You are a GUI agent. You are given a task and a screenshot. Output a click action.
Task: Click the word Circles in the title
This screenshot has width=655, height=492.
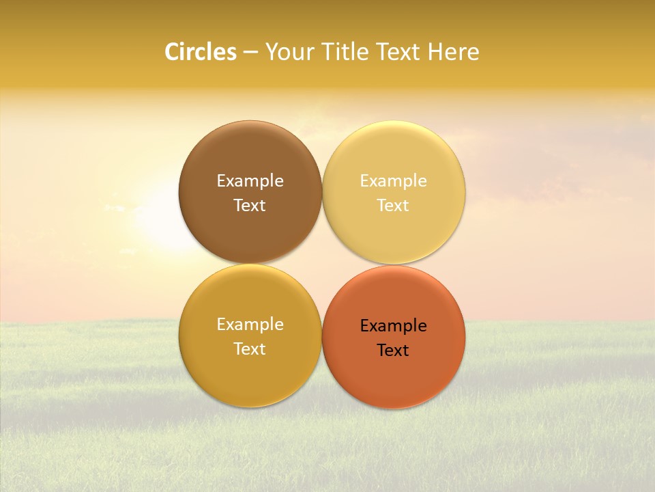tap(200, 52)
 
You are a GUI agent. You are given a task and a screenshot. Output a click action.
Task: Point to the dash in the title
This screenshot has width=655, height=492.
tap(250, 53)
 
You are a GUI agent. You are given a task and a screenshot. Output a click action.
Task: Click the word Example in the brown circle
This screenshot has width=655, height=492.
tap(250, 180)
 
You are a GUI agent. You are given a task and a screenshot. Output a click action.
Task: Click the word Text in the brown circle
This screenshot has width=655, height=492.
tap(250, 205)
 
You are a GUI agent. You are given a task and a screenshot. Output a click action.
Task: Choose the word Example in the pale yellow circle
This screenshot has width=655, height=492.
tap(393, 180)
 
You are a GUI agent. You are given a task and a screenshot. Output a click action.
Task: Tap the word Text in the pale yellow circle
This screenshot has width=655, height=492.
tap(393, 205)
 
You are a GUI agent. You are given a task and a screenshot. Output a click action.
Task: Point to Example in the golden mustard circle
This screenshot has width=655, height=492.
tap(250, 324)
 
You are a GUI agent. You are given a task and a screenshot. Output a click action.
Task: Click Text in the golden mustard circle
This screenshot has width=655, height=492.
tap(250, 348)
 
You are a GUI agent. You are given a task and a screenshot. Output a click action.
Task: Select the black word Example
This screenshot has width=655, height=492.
tap(393, 325)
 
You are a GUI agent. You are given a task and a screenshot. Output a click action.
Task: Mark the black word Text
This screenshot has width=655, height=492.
tap(393, 350)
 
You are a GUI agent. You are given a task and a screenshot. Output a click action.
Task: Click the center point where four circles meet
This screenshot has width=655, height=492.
tap(321, 264)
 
